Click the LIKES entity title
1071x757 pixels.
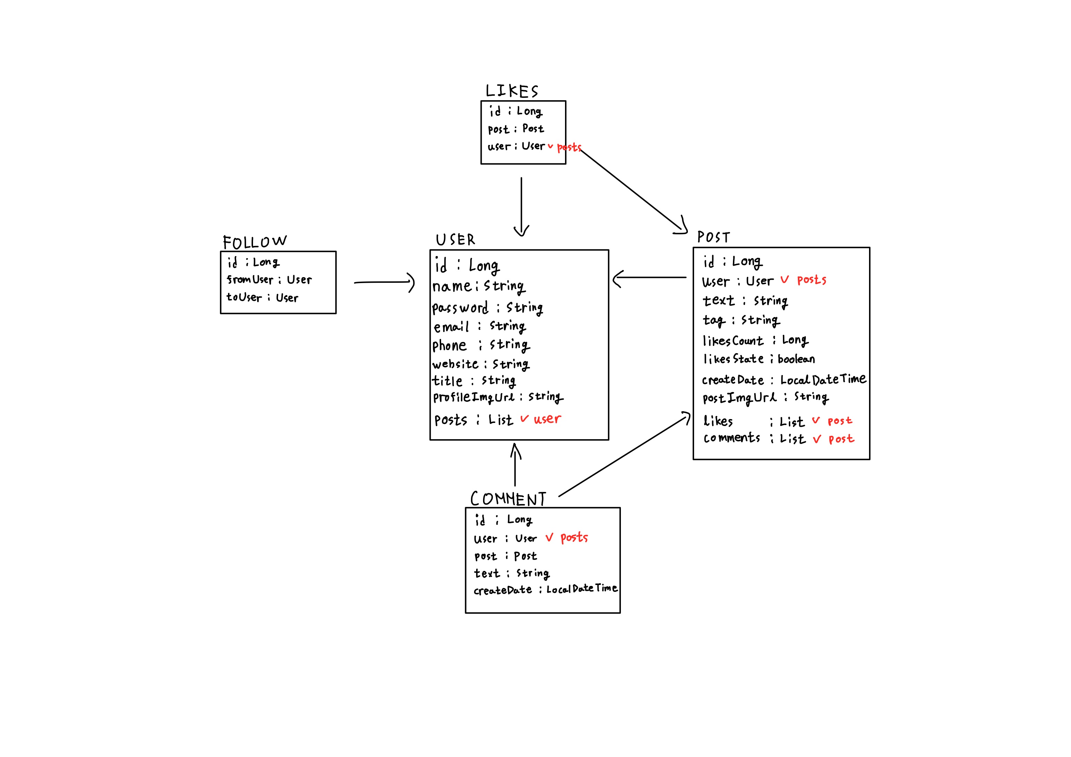point(512,91)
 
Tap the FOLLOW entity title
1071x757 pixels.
point(255,242)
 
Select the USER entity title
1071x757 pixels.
point(455,240)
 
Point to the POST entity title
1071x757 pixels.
point(713,237)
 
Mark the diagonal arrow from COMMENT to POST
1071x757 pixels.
point(625,455)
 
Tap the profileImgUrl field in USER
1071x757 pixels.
point(498,397)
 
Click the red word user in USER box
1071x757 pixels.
point(547,419)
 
